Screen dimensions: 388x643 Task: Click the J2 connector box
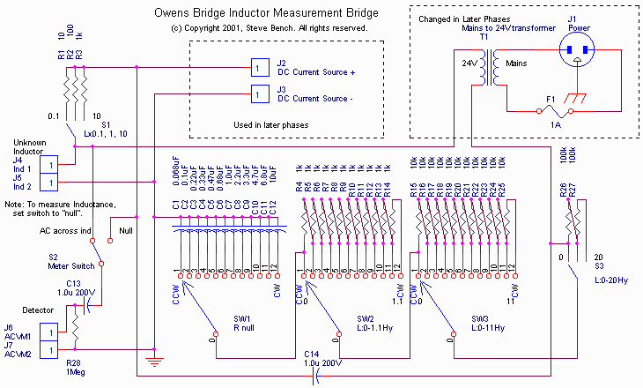[x=256, y=67]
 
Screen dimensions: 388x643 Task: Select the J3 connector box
[x=256, y=94]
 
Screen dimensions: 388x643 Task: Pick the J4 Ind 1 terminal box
[x=52, y=164]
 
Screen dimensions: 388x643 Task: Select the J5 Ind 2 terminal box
[x=52, y=182]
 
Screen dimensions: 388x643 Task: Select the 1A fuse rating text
[x=556, y=125]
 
